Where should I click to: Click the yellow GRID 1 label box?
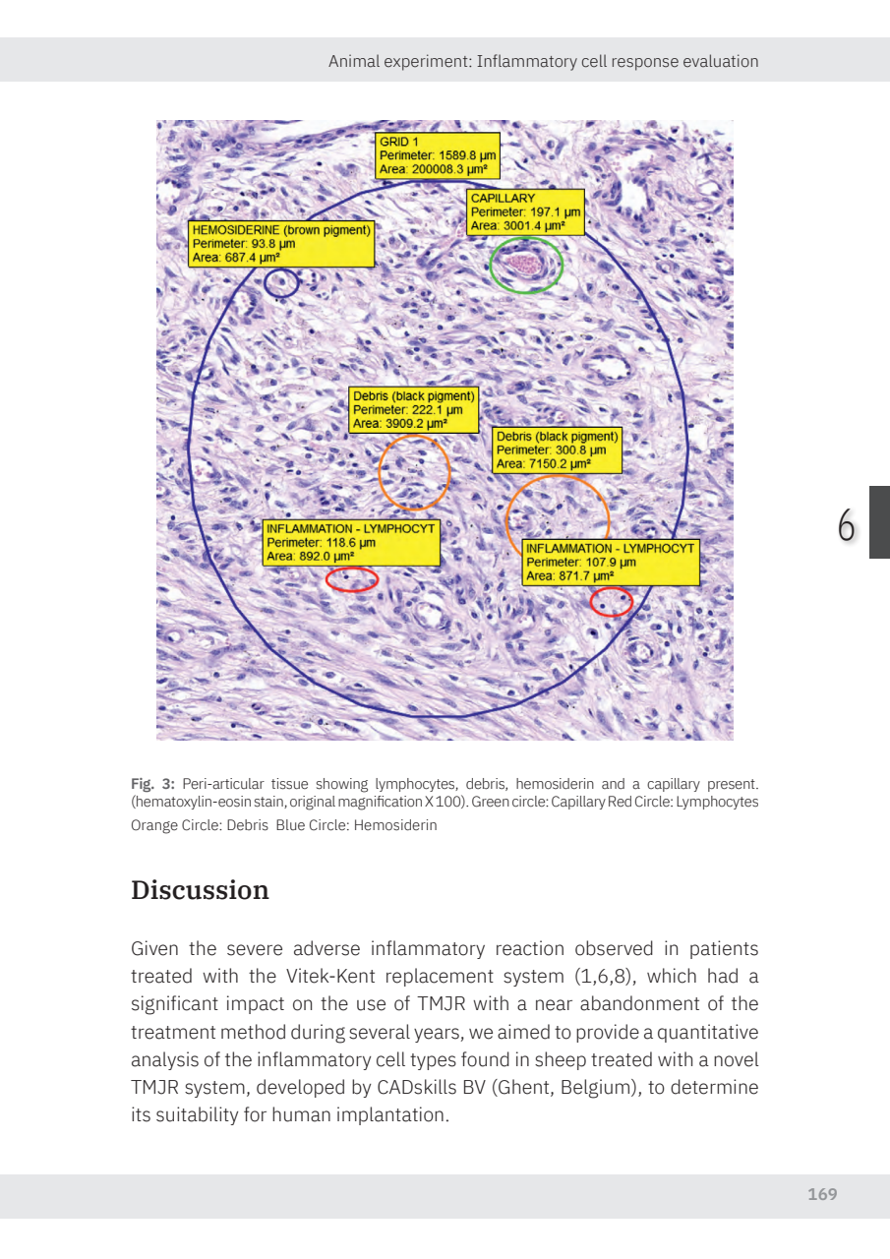pos(438,155)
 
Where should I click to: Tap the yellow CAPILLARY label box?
pos(526,211)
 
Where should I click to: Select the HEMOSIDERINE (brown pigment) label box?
pos(281,244)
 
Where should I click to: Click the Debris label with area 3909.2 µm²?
pos(413,410)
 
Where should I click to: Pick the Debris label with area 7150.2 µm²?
pos(557,450)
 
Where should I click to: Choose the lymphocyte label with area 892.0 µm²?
pos(351,542)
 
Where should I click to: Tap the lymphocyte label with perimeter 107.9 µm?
pos(611,562)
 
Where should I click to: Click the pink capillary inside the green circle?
pos(526,264)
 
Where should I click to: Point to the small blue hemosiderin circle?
pos(281,283)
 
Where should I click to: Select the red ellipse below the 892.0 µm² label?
pos(351,579)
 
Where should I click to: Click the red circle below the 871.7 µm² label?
pos(611,600)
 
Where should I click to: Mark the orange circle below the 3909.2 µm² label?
pos(414,472)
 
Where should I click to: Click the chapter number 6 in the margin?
pos(846,527)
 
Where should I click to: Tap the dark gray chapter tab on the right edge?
pos(879,521)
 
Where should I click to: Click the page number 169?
pos(822,1194)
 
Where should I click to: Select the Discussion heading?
pos(200,890)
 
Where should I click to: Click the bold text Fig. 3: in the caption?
pos(153,784)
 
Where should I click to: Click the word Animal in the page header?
pos(353,61)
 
